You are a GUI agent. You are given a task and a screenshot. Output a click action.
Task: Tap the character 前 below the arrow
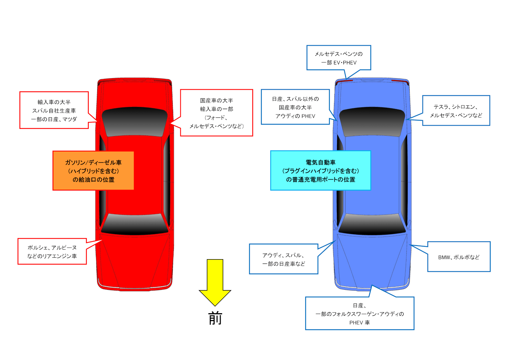point(215,318)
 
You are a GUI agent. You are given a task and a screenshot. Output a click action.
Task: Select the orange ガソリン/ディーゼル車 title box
point(93,171)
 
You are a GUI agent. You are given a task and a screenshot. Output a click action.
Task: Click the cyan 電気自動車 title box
point(320,171)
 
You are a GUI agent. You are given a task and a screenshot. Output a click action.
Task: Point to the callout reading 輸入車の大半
point(54,110)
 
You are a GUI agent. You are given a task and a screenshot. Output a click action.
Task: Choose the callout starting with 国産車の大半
point(216,113)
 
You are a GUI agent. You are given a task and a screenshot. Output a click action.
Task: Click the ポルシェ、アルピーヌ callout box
point(52,251)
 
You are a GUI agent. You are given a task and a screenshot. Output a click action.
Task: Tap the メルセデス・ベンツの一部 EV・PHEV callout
point(338,58)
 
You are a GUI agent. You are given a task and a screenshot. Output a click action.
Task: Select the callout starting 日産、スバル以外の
point(295,107)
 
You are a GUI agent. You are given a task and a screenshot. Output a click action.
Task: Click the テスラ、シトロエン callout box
point(456,111)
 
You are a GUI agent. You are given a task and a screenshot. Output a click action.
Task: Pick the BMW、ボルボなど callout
point(459,257)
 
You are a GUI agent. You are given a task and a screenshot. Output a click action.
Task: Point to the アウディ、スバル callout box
point(283,259)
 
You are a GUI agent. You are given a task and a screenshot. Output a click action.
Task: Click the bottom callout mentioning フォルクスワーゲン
point(359,313)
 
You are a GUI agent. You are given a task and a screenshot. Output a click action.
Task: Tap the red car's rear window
point(135,122)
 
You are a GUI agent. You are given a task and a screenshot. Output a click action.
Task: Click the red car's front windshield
point(135,224)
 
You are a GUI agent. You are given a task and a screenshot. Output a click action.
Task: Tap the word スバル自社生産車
point(54,111)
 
